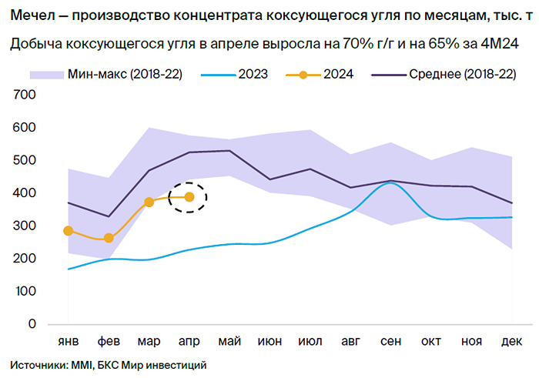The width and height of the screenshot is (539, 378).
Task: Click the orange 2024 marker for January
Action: [x=69, y=230]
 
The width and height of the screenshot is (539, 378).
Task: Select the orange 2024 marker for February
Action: [x=109, y=239]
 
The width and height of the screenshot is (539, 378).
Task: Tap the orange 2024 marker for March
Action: [x=149, y=202]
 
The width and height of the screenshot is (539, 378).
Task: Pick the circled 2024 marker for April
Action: [x=189, y=197]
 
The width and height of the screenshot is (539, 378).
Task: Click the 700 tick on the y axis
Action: [x=25, y=95]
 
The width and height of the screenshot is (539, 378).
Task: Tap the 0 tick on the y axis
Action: [x=32, y=324]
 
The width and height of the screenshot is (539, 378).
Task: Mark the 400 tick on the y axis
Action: [x=25, y=193]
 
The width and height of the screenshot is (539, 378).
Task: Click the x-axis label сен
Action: [x=391, y=341]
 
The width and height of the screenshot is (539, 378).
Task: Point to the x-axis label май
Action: [x=230, y=341]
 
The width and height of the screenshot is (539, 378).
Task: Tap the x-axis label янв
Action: [x=69, y=341]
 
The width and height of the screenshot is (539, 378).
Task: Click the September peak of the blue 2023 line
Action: [x=391, y=183]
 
